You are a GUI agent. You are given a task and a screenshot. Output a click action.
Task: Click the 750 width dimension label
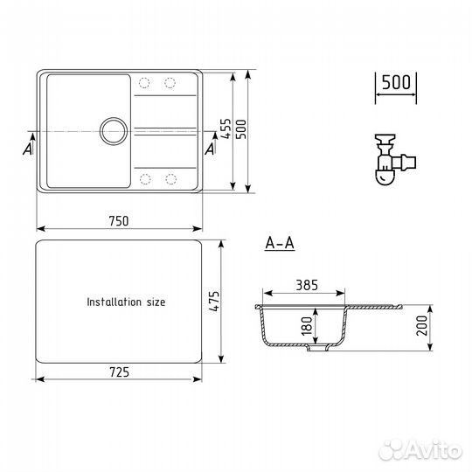coord(119,221)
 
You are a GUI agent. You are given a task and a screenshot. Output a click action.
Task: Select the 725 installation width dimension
coord(120,372)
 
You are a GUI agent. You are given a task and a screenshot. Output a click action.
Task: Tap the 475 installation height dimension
coord(215,302)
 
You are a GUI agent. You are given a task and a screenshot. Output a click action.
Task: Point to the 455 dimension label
coord(226,128)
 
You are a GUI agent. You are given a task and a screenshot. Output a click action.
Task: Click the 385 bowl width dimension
coord(307,285)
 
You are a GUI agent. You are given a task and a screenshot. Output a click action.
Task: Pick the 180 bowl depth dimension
coord(307,326)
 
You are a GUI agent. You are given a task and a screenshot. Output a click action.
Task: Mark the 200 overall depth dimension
coord(421,325)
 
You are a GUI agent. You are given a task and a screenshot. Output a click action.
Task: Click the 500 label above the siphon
coord(396,82)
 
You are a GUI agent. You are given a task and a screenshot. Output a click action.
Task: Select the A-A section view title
coord(280,243)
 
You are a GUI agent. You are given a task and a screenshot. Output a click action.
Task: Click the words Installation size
coord(126,302)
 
